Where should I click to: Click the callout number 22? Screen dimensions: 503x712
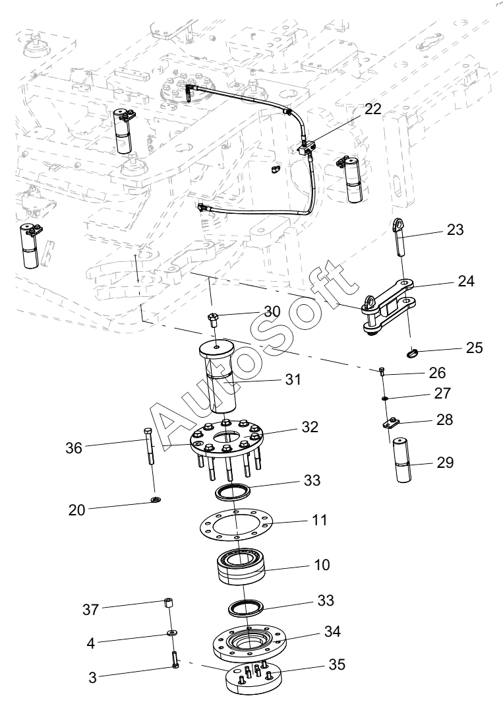[373, 109]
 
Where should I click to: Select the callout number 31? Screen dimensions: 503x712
[293, 379]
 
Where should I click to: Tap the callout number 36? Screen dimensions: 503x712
[74, 448]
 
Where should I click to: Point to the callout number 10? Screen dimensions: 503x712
[322, 565]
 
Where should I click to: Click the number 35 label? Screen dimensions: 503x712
[337, 664]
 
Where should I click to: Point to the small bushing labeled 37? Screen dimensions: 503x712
[168, 605]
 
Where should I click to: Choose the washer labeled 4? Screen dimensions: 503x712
[172, 633]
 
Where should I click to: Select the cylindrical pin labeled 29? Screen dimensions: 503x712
[401, 459]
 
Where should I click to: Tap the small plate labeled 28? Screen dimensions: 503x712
[389, 424]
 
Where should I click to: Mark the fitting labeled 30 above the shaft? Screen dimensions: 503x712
[213, 321]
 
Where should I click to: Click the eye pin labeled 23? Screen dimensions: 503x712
[399, 236]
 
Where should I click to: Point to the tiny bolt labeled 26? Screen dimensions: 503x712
[382, 371]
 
